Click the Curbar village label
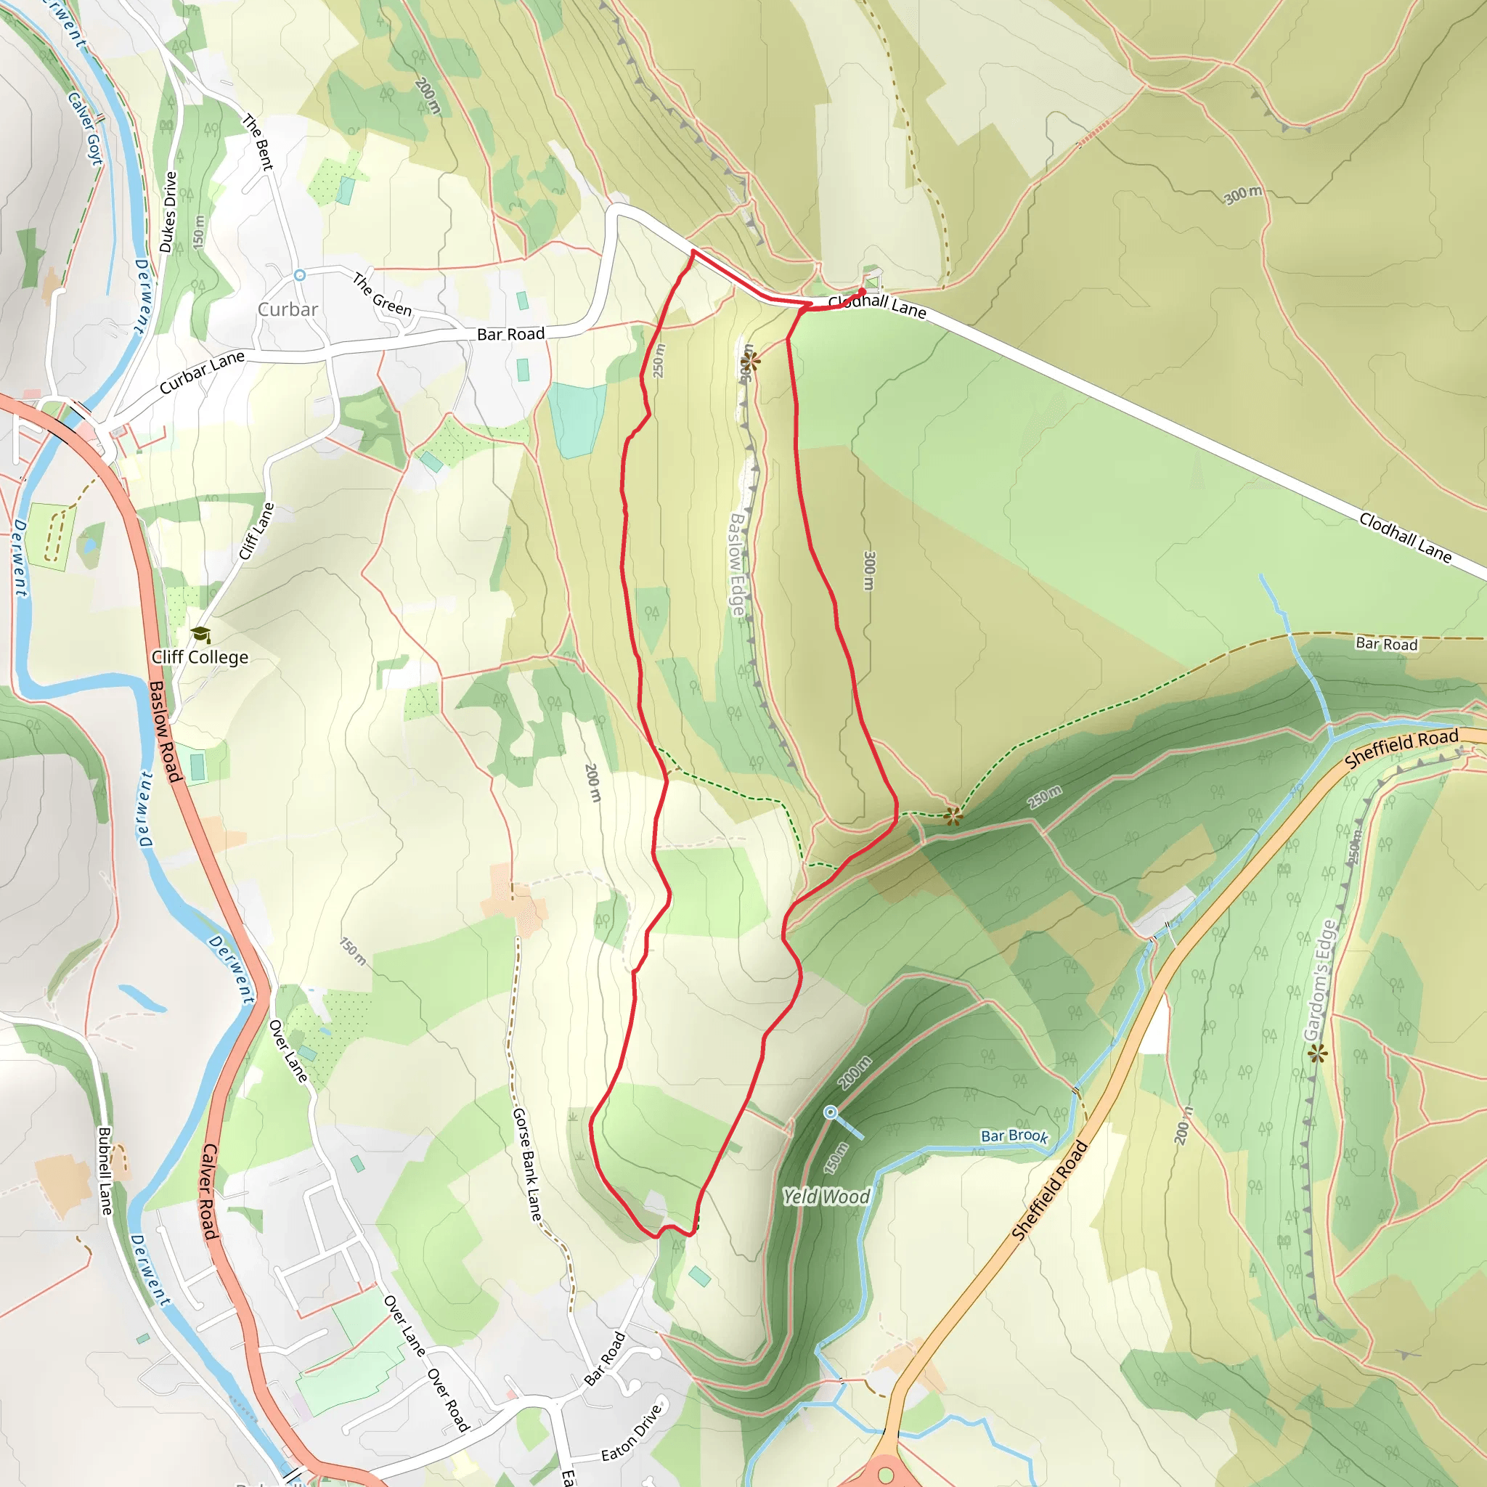[287, 309]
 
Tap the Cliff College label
[200, 656]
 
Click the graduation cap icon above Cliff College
[202, 634]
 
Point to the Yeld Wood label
[826, 1196]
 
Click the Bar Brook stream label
[1014, 1136]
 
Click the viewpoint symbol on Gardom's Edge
[1318, 1053]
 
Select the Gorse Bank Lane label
[527, 1164]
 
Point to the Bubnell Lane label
[105, 1170]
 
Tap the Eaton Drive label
[631, 1433]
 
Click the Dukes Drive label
[168, 212]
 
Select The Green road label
[383, 295]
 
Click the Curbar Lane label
[202, 372]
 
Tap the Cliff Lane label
[256, 531]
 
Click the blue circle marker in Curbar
[300, 274]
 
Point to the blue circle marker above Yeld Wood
[830, 1112]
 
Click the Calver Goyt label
[86, 128]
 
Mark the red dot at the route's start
[862, 291]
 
